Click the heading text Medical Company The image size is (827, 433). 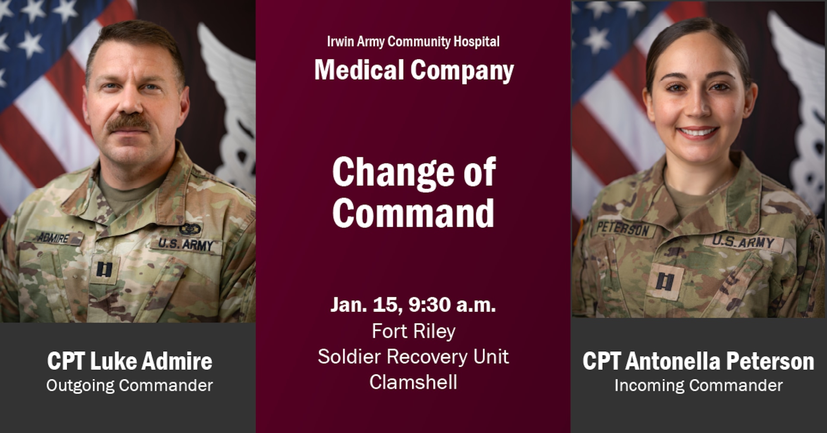tap(413, 70)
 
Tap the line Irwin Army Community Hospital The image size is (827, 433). tap(413, 42)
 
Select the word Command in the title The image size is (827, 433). tap(413, 213)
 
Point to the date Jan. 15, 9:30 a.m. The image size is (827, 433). tap(413, 305)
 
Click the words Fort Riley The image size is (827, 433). tap(413, 331)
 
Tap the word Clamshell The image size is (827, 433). tap(413, 382)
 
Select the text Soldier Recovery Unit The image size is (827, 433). tap(413, 357)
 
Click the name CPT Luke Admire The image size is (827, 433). tap(130, 361)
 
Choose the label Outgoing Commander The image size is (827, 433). tap(130, 385)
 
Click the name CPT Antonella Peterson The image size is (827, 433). tap(698, 361)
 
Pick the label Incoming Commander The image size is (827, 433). tap(698, 385)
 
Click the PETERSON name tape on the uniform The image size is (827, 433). tap(623, 229)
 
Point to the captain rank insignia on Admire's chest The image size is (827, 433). tap(104, 269)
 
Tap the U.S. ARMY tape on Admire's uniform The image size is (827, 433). tap(186, 244)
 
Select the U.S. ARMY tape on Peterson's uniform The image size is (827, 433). tap(742, 242)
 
